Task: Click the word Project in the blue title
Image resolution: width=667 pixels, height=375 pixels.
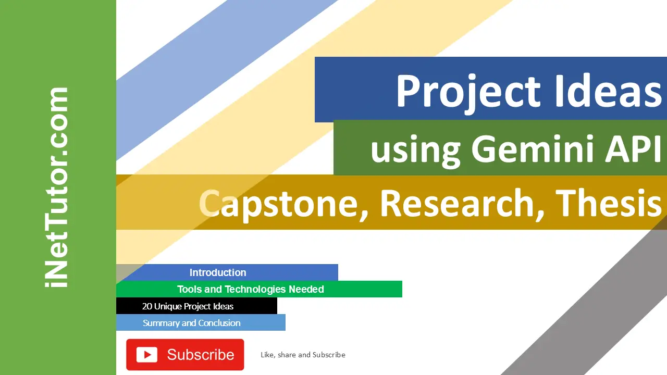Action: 468,93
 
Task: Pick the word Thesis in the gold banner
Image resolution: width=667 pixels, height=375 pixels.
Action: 610,203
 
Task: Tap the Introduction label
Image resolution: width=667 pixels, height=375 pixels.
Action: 218,272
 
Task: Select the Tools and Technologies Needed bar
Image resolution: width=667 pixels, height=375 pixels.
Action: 259,289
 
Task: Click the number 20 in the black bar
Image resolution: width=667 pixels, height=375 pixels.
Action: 147,306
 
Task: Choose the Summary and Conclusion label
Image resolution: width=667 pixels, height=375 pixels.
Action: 191,323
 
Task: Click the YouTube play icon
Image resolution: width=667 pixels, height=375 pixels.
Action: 147,355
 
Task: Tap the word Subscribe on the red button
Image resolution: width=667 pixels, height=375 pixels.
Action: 201,355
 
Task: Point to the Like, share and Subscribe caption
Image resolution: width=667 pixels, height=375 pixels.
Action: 303,355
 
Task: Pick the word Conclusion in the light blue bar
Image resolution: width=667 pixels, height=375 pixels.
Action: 219,323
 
